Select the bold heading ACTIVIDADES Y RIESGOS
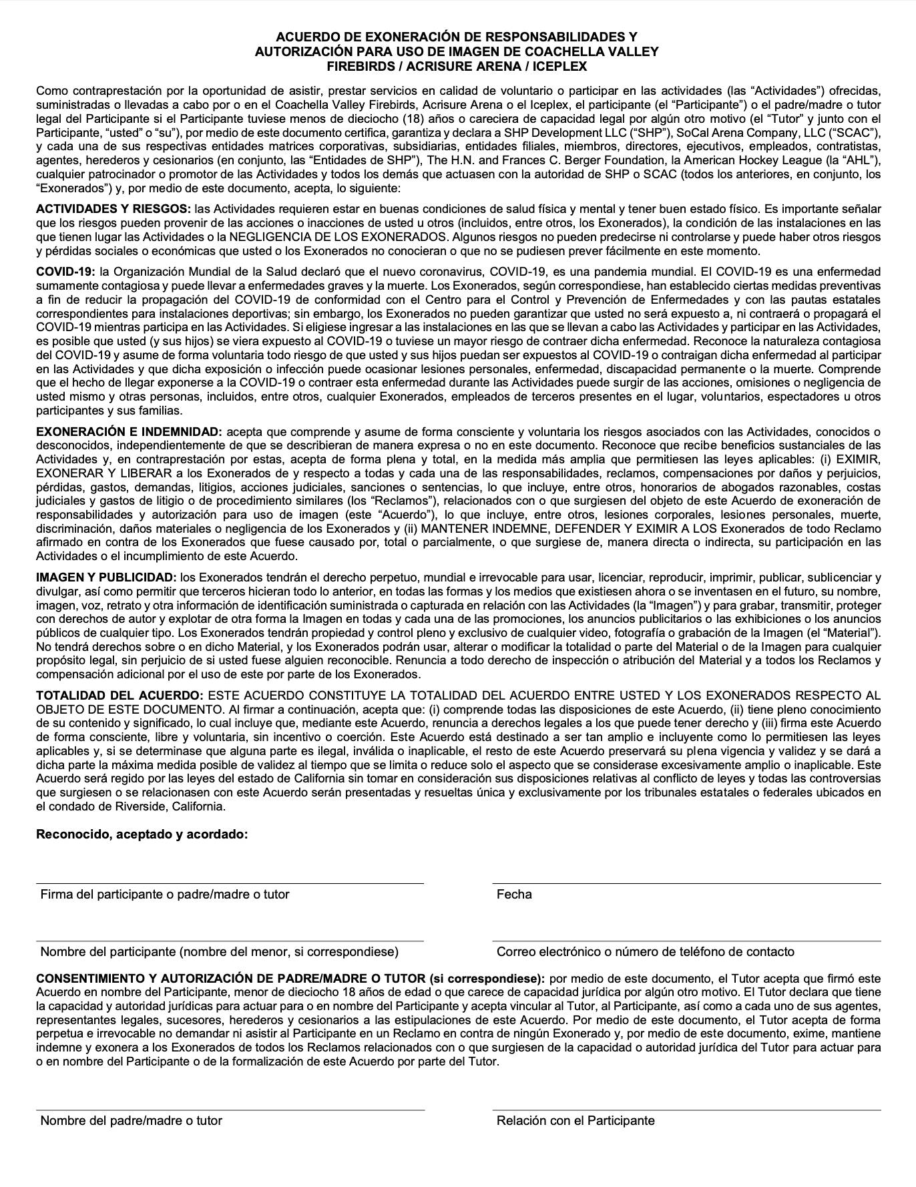click(113, 210)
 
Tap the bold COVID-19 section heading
click(66, 272)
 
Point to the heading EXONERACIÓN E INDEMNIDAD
click(129, 432)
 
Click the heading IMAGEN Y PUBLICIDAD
click(106, 577)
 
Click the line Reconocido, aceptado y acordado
click(142, 834)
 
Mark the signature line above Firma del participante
click(230, 883)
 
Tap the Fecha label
click(514, 894)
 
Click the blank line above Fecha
click(686, 883)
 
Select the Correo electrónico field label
click(645, 951)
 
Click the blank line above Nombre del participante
click(230, 941)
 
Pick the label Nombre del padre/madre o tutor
click(131, 1120)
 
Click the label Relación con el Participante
click(575, 1120)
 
